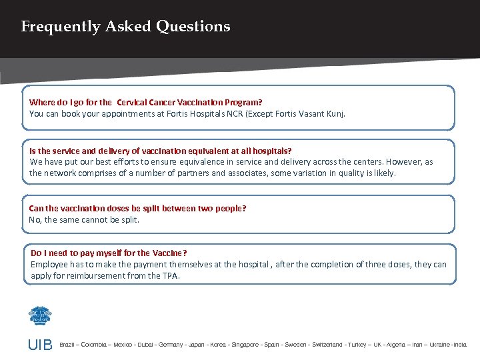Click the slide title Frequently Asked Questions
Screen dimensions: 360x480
click(x=125, y=27)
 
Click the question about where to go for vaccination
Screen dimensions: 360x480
click(x=145, y=103)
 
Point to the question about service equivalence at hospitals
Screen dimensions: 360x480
click(x=161, y=151)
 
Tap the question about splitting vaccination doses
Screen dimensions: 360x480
click(x=137, y=208)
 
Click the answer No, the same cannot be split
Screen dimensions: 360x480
click(x=84, y=219)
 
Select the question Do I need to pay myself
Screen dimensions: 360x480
click(x=109, y=253)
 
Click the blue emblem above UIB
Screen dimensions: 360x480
click(x=40, y=315)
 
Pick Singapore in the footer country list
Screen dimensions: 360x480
click(x=245, y=345)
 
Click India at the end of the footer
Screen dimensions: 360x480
click(x=460, y=345)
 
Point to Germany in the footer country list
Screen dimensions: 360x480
click(x=171, y=345)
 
